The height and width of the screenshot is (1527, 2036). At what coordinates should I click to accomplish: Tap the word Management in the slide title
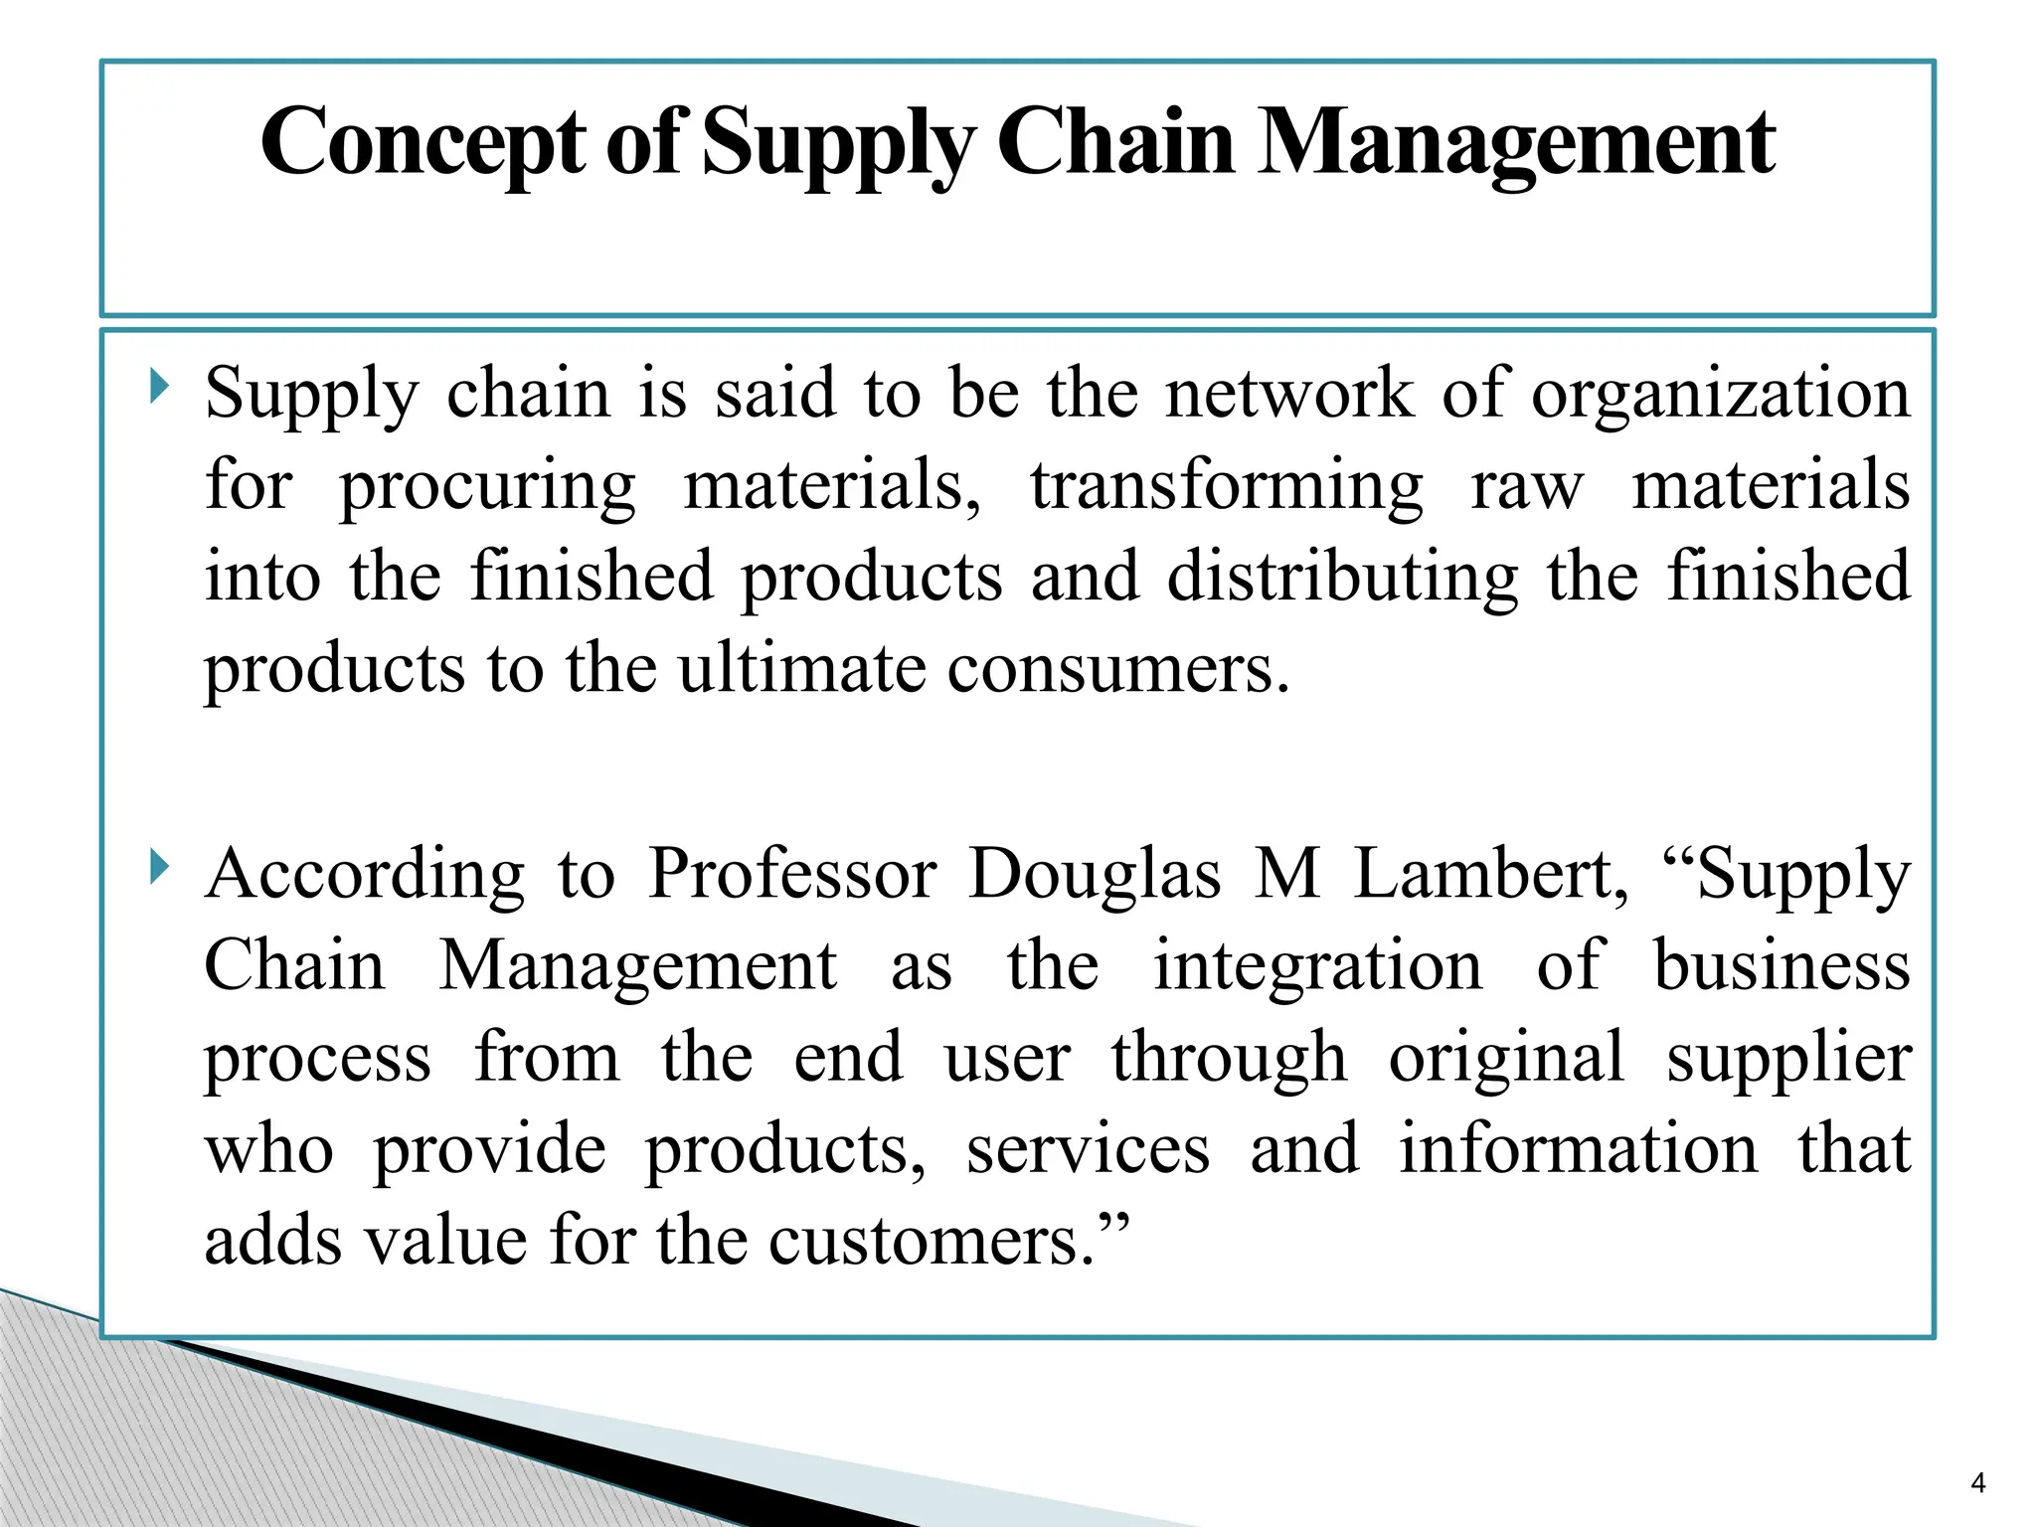(1516, 144)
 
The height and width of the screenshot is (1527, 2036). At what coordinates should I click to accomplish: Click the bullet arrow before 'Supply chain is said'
(159, 386)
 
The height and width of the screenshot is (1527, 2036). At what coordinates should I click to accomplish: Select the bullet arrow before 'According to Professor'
(159, 867)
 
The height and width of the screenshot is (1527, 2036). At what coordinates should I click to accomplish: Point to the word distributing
(1342, 578)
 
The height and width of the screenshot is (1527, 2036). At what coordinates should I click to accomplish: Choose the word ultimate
(801, 668)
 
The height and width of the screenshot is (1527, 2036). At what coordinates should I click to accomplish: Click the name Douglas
(1095, 876)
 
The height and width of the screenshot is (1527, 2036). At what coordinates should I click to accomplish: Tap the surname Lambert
(1491, 874)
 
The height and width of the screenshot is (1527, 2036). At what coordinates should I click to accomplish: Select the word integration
(1317, 967)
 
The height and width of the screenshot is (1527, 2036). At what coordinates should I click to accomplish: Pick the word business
(1781, 965)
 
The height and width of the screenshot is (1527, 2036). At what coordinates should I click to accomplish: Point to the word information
(1578, 1150)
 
